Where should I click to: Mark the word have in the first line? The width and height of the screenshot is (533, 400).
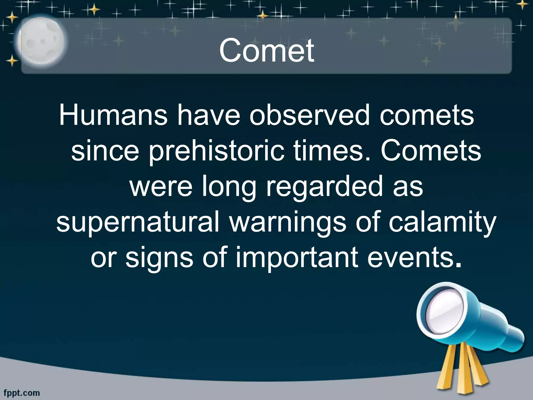pos(208,115)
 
